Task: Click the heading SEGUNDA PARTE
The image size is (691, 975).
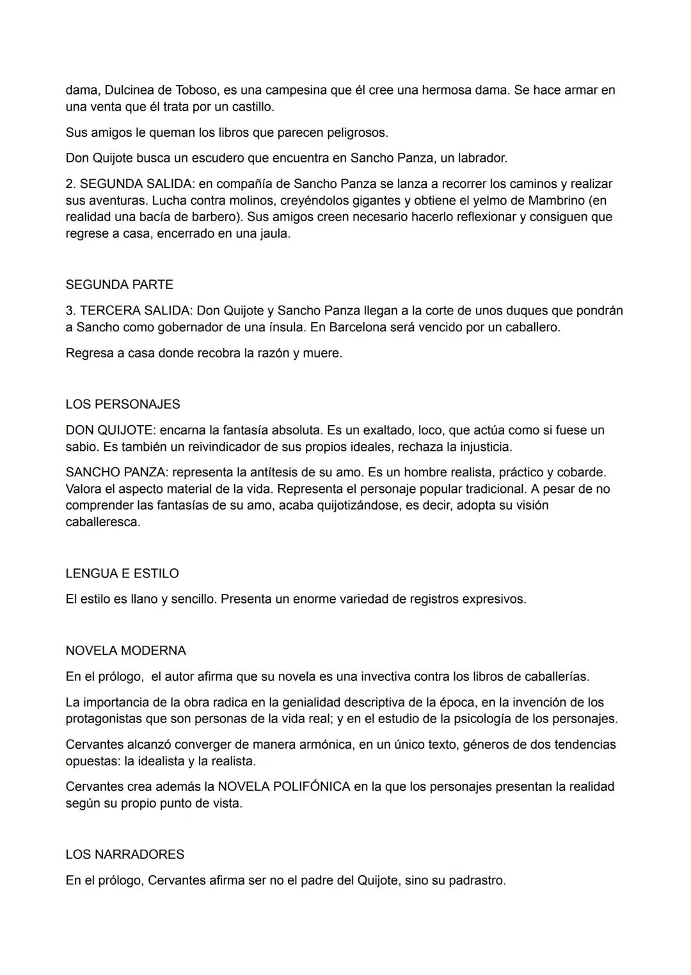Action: click(x=119, y=285)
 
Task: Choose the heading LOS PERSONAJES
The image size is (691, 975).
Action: click(x=122, y=404)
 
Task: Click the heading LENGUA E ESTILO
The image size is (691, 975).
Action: click(x=122, y=573)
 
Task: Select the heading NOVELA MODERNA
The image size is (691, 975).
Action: click(x=125, y=650)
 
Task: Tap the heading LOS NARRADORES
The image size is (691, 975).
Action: click(x=125, y=854)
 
